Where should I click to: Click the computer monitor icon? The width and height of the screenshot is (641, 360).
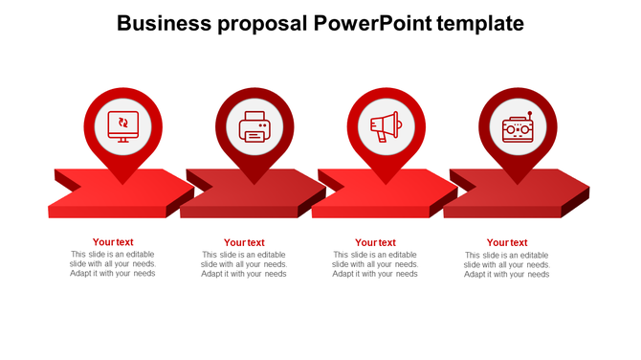122,125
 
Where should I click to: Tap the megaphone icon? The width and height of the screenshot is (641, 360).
385,125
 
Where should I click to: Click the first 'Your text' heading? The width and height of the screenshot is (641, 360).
113,242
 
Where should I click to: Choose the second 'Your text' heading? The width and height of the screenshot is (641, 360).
244,243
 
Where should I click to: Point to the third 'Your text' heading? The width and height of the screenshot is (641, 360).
375,243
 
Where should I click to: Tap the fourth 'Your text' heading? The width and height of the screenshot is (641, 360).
507,243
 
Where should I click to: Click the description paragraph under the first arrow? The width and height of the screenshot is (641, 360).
113,264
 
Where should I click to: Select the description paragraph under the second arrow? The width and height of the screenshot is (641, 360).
244,264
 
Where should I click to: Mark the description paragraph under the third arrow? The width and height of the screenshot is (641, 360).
375,264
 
